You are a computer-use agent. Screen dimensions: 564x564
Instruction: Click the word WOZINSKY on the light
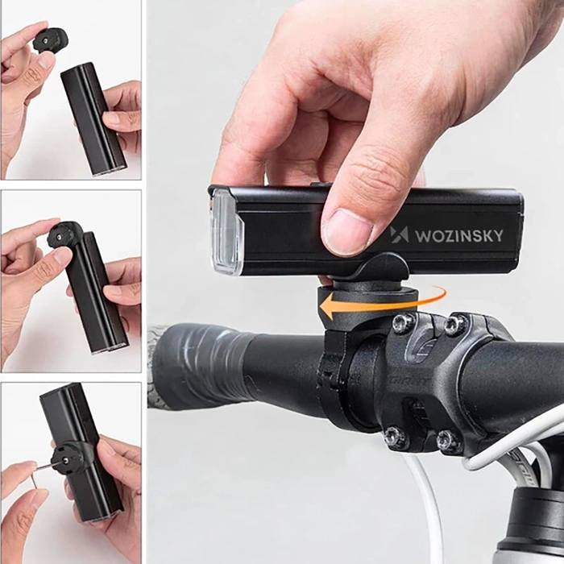pyautogui.click(x=458, y=236)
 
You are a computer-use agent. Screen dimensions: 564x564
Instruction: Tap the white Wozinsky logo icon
pyautogui.click(x=400, y=234)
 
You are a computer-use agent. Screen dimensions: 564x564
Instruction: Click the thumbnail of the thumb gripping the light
pyautogui.click(x=344, y=232)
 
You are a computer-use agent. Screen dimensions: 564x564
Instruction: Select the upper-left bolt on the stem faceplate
pyautogui.click(x=402, y=324)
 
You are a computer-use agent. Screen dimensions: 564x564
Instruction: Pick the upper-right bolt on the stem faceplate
pyautogui.click(x=454, y=325)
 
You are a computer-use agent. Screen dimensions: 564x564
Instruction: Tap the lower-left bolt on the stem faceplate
pyautogui.click(x=395, y=438)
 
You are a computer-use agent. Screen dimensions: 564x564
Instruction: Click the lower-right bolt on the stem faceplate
pyautogui.click(x=447, y=441)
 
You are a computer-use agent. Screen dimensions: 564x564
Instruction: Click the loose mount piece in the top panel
pyautogui.click(x=51, y=39)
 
